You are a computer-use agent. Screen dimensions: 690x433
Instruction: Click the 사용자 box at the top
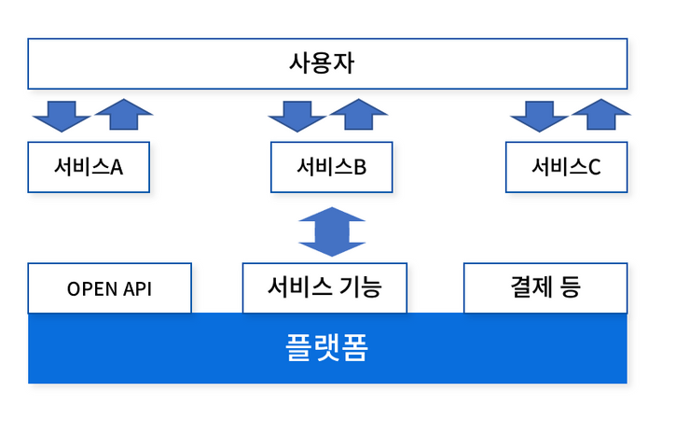point(327,63)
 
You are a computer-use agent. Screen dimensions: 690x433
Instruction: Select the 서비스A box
point(89,167)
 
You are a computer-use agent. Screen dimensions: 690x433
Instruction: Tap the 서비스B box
point(331,167)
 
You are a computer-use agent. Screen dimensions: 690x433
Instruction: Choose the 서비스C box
point(566,167)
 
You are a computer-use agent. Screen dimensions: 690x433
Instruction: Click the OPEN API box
point(110,288)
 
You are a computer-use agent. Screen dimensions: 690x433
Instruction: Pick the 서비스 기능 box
point(324,288)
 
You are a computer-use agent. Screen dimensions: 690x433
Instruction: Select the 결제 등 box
point(545,288)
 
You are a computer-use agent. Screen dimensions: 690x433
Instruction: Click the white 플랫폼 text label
point(326,347)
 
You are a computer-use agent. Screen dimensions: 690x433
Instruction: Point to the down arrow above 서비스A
point(62,117)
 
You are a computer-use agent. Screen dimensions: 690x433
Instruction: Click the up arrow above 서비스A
point(124,114)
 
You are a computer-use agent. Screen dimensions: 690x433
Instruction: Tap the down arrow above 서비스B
point(297,117)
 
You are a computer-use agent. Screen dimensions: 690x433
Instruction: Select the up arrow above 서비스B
point(359,114)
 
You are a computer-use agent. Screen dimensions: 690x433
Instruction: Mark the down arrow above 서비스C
point(540,117)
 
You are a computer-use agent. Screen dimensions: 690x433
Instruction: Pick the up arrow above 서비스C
point(601,114)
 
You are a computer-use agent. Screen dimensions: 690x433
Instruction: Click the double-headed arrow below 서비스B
point(332,231)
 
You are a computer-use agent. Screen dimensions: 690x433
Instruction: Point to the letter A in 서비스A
point(117,167)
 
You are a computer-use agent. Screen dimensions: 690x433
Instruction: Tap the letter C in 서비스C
point(595,167)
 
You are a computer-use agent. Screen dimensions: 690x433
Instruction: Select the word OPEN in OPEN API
point(93,289)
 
